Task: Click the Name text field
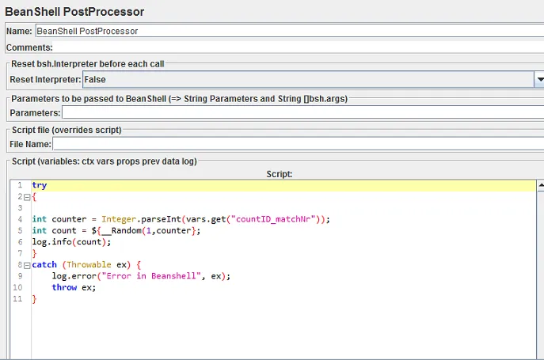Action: coord(285,31)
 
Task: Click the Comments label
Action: coord(29,47)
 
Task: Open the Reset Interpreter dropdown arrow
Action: coord(539,79)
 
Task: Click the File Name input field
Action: coord(297,144)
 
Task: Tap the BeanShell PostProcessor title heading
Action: coord(75,12)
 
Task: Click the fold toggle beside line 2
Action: coord(26,197)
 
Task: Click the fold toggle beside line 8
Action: coord(26,265)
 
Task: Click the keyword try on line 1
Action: coord(40,185)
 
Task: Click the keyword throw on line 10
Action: coord(64,287)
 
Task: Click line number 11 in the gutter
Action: coord(17,299)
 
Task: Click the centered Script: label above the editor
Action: coord(279,173)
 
